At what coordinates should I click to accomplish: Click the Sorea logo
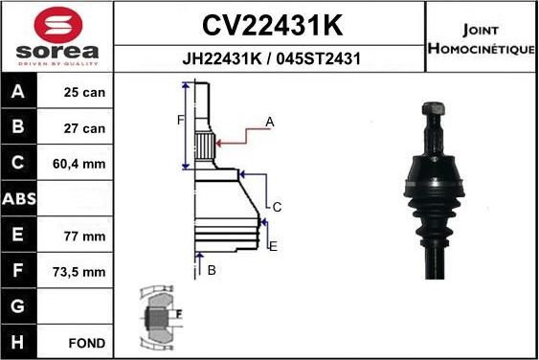pyautogui.click(x=57, y=36)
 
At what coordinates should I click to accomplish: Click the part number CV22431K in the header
pyautogui.click(x=271, y=23)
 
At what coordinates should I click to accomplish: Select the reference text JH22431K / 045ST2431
pyautogui.click(x=271, y=58)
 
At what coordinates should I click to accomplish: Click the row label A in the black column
pyautogui.click(x=19, y=94)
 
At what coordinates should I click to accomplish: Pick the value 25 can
pyautogui.click(x=84, y=94)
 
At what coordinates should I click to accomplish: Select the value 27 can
pyautogui.click(x=84, y=128)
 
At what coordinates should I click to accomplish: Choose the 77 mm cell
pyautogui.click(x=84, y=236)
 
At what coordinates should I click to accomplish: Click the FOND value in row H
pyautogui.click(x=85, y=342)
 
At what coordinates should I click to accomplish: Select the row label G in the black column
pyautogui.click(x=19, y=306)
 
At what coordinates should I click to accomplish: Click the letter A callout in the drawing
pyautogui.click(x=270, y=122)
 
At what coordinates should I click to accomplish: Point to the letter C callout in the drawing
pyautogui.click(x=277, y=207)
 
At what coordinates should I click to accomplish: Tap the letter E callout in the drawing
pyautogui.click(x=273, y=247)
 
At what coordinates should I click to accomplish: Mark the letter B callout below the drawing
pyautogui.click(x=212, y=270)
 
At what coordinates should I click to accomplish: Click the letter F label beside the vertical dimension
pyautogui.click(x=179, y=120)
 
